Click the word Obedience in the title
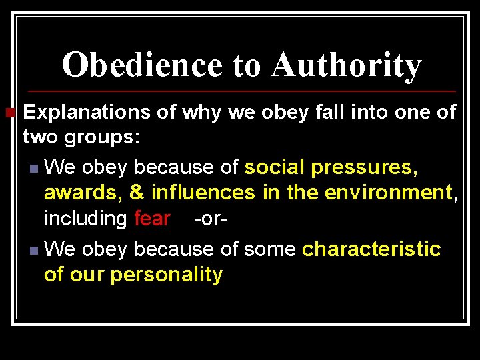click(141, 65)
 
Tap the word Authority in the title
click(346, 65)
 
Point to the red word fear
click(152, 218)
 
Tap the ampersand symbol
click(137, 193)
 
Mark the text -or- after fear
click(211, 218)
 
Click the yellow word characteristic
click(371, 249)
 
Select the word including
click(85, 218)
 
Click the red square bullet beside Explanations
click(9, 111)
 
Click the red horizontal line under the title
click(240, 91)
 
